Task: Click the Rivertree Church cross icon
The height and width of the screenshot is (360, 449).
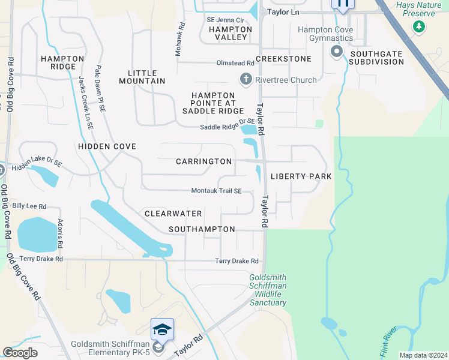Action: (x=245, y=79)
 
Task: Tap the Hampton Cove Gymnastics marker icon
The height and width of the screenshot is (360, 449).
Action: (x=336, y=52)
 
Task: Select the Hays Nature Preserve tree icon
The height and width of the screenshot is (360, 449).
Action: (x=419, y=26)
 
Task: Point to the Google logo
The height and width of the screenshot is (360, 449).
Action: (x=20, y=353)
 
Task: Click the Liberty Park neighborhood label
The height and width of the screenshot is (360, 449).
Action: (x=301, y=176)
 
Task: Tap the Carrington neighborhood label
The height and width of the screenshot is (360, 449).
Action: (x=204, y=161)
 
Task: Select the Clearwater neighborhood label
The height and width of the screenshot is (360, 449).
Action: (x=173, y=214)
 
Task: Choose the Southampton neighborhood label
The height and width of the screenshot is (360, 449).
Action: (x=202, y=229)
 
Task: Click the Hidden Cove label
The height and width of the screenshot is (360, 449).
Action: (x=107, y=146)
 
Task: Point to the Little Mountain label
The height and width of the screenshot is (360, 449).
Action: (x=142, y=77)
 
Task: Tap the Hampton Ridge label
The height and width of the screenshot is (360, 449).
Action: (x=62, y=62)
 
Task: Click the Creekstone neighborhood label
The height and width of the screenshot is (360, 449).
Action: (x=283, y=59)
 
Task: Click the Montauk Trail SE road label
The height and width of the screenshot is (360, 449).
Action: (x=216, y=191)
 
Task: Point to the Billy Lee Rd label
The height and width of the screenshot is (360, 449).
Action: (x=29, y=206)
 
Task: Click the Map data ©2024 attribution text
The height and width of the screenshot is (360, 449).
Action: (x=423, y=355)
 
